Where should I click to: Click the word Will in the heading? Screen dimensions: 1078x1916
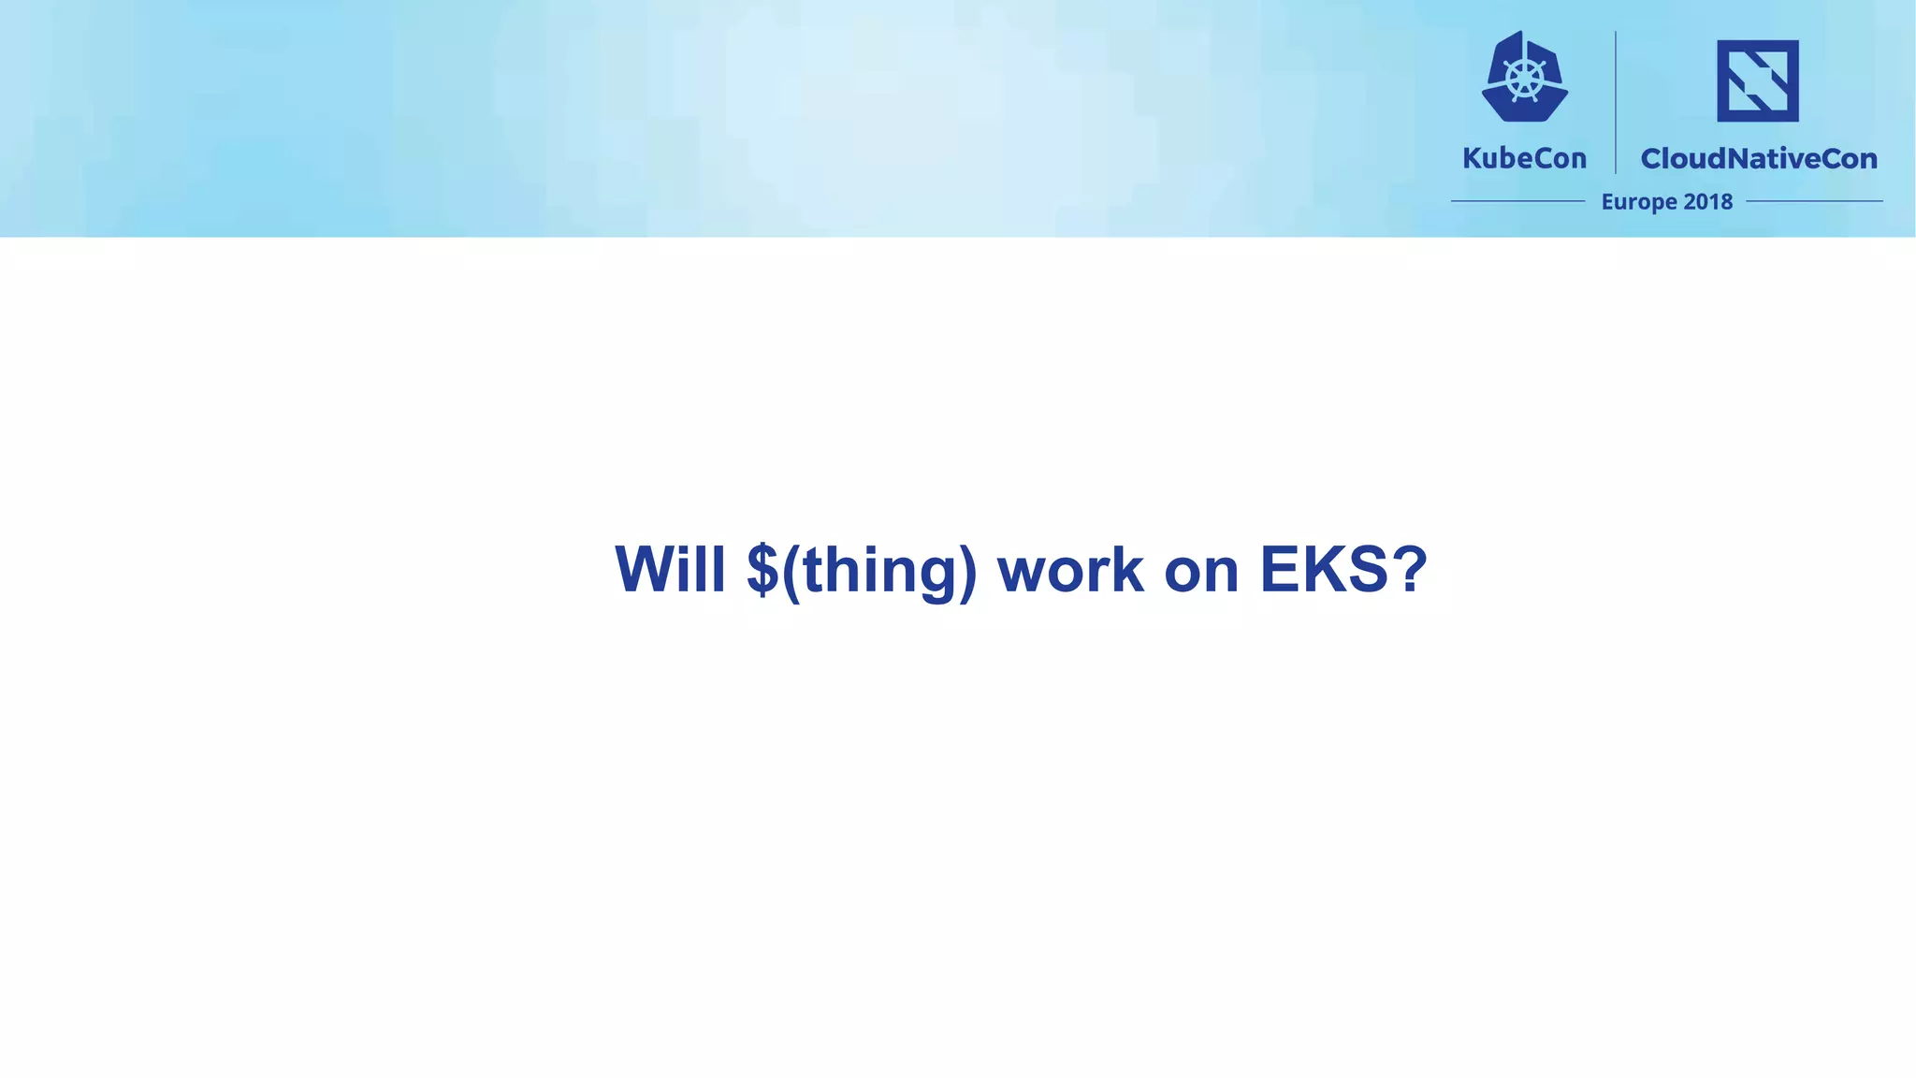pyautogui.click(x=670, y=569)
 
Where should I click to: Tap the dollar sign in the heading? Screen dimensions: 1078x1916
pyautogui.click(x=762, y=569)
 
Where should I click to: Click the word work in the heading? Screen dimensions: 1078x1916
pyautogui.click(x=1070, y=569)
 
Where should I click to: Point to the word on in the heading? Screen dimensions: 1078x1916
pyautogui.click(x=1201, y=571)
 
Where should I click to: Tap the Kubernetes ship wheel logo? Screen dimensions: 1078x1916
pyautogui.click(x=1525, y=77)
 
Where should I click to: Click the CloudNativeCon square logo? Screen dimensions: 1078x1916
pyautogui.click(x=1757, y=80)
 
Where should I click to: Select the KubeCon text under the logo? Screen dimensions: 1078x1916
pyautogui.click(x=1524, y=158)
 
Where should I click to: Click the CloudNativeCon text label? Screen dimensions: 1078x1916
pyautogui.click(x=1759, y=158)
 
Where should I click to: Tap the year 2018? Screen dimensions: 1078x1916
pyautogui.click(x=1707, y=201)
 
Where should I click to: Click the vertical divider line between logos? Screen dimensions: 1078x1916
pyautogui.click(x=1616, y=103)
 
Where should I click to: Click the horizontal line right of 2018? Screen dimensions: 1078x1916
pyautogui.click(x=1813, y=201)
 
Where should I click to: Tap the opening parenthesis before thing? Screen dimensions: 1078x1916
pyautogui.click(x=791, y=571)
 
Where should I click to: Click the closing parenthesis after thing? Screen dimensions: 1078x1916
pyautogui.click(x=967, y=571)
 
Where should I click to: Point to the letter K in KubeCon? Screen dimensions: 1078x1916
pyautogui.click(x=1472, y=158)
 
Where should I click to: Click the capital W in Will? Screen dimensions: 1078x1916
pyautogui.click(x=646, y=569)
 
